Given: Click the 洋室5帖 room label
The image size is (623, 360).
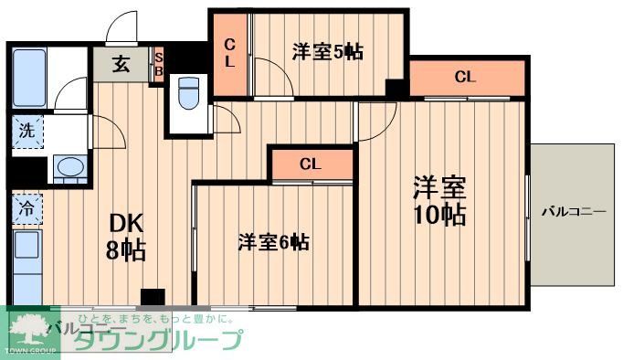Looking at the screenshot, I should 327,51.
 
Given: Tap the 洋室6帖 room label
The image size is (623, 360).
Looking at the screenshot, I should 273,242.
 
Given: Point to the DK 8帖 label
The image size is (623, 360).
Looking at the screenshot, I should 127,236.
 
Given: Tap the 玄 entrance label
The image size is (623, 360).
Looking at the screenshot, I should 121,64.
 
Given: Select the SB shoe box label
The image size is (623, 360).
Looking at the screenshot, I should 158,64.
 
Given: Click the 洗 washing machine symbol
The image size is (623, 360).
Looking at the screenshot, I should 27,130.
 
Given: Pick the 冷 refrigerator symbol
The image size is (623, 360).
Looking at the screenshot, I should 26,208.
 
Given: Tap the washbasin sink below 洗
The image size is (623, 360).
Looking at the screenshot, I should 69,167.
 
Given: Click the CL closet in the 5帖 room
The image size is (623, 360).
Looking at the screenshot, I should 230,53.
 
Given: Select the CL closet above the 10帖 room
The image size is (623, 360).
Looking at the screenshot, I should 466,78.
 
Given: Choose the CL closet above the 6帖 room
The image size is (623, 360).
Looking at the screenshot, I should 311,164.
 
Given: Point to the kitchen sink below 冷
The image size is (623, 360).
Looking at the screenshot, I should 26,247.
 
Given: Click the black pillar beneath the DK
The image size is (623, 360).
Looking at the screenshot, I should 152,297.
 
